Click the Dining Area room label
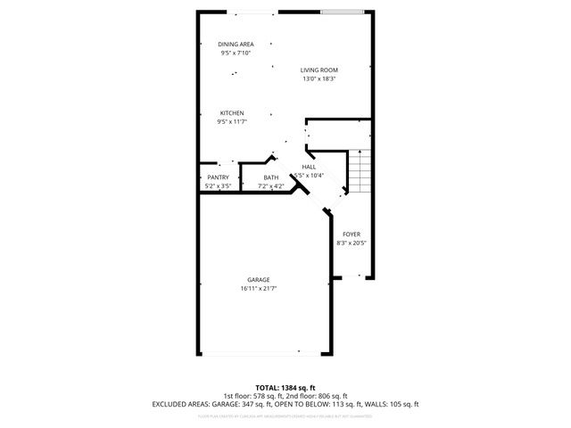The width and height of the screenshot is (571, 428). click(x=236, y=44)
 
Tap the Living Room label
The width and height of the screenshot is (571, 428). click(x=319, y=70)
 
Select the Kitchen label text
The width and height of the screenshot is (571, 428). click(x=232, y=113)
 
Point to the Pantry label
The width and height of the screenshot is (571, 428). click(x=218, y=177)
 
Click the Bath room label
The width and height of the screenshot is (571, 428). click(x=270, y=177)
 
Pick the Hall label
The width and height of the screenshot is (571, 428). click(x=309, y=167)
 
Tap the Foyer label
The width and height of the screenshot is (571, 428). click(x=352, y=234)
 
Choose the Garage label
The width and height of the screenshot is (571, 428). click(x=259, y=280)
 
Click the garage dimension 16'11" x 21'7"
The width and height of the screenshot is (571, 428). click(x=259, y=289)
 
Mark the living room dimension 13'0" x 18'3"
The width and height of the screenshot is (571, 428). click(x=319, y=78)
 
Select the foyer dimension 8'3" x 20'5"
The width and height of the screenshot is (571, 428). click(x=352, y=243)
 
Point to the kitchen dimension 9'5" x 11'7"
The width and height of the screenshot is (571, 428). click(x=232, y=122)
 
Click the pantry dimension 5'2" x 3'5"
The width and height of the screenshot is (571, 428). click(x=218, y=186)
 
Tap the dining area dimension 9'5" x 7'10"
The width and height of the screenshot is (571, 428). click(x=236, y=53)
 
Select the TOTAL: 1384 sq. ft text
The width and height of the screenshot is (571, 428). click(x=285, y=388)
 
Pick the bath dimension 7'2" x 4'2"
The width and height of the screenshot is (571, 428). click(x=270, y=186)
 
